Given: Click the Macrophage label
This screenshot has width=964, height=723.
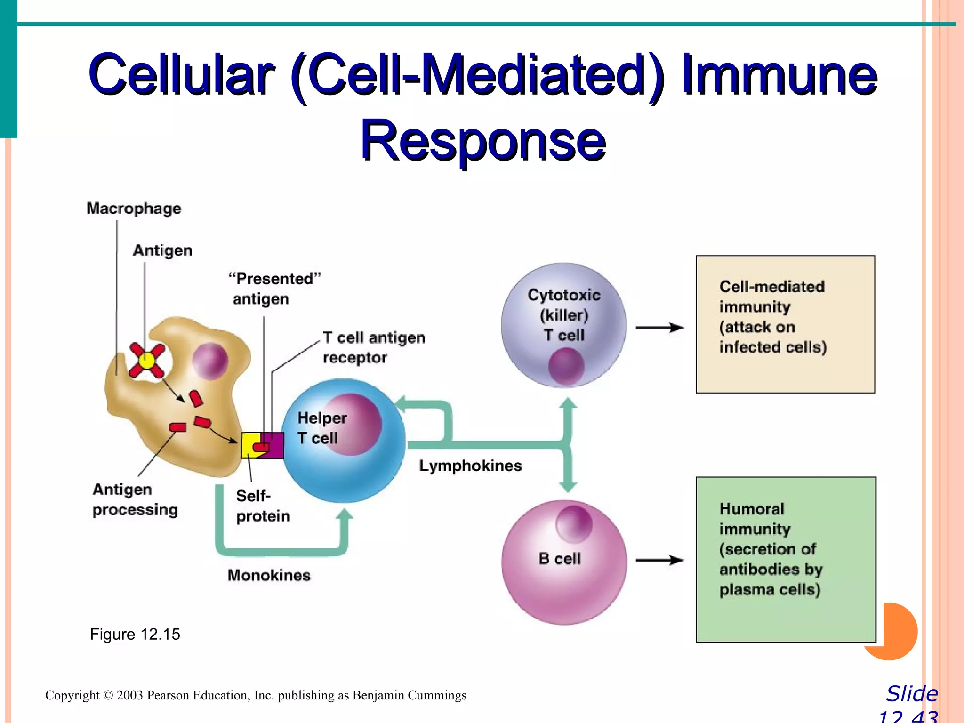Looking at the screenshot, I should [x=134, y=208].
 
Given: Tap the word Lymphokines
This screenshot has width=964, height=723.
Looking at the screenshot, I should [x=470, y=466].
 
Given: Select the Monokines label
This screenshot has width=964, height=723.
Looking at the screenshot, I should [x=269, y=575].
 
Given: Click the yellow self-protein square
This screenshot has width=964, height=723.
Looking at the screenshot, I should [x=249, y=445].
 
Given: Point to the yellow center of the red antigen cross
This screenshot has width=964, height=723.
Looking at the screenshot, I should [x=147, y=361].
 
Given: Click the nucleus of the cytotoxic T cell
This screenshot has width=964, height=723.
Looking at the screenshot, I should [x=566, y=366].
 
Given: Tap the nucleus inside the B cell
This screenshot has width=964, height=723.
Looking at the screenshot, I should [x=573, y=524].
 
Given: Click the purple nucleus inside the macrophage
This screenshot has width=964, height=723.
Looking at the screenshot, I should [x=210, y=361].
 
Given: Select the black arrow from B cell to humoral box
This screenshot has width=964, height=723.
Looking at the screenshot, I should [x=659, y=560].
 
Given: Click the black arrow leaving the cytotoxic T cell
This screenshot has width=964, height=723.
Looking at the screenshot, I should [x=659, y=328].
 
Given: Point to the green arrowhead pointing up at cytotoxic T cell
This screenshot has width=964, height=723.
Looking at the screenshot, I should [x=568, y=404].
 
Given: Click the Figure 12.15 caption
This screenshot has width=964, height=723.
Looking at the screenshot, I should [x=135, y=634].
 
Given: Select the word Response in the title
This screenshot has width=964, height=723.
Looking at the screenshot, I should [x=483, y=140].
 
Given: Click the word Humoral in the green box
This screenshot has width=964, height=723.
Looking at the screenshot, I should [x=752, y=509].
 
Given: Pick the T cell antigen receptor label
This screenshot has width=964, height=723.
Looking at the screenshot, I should [x=374, y=347].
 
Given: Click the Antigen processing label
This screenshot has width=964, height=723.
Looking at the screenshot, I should [x=135, y=499].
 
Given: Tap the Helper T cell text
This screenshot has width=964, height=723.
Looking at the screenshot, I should [x=321, y=427].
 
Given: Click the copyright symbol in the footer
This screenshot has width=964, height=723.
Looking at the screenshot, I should [x=108, y=695].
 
